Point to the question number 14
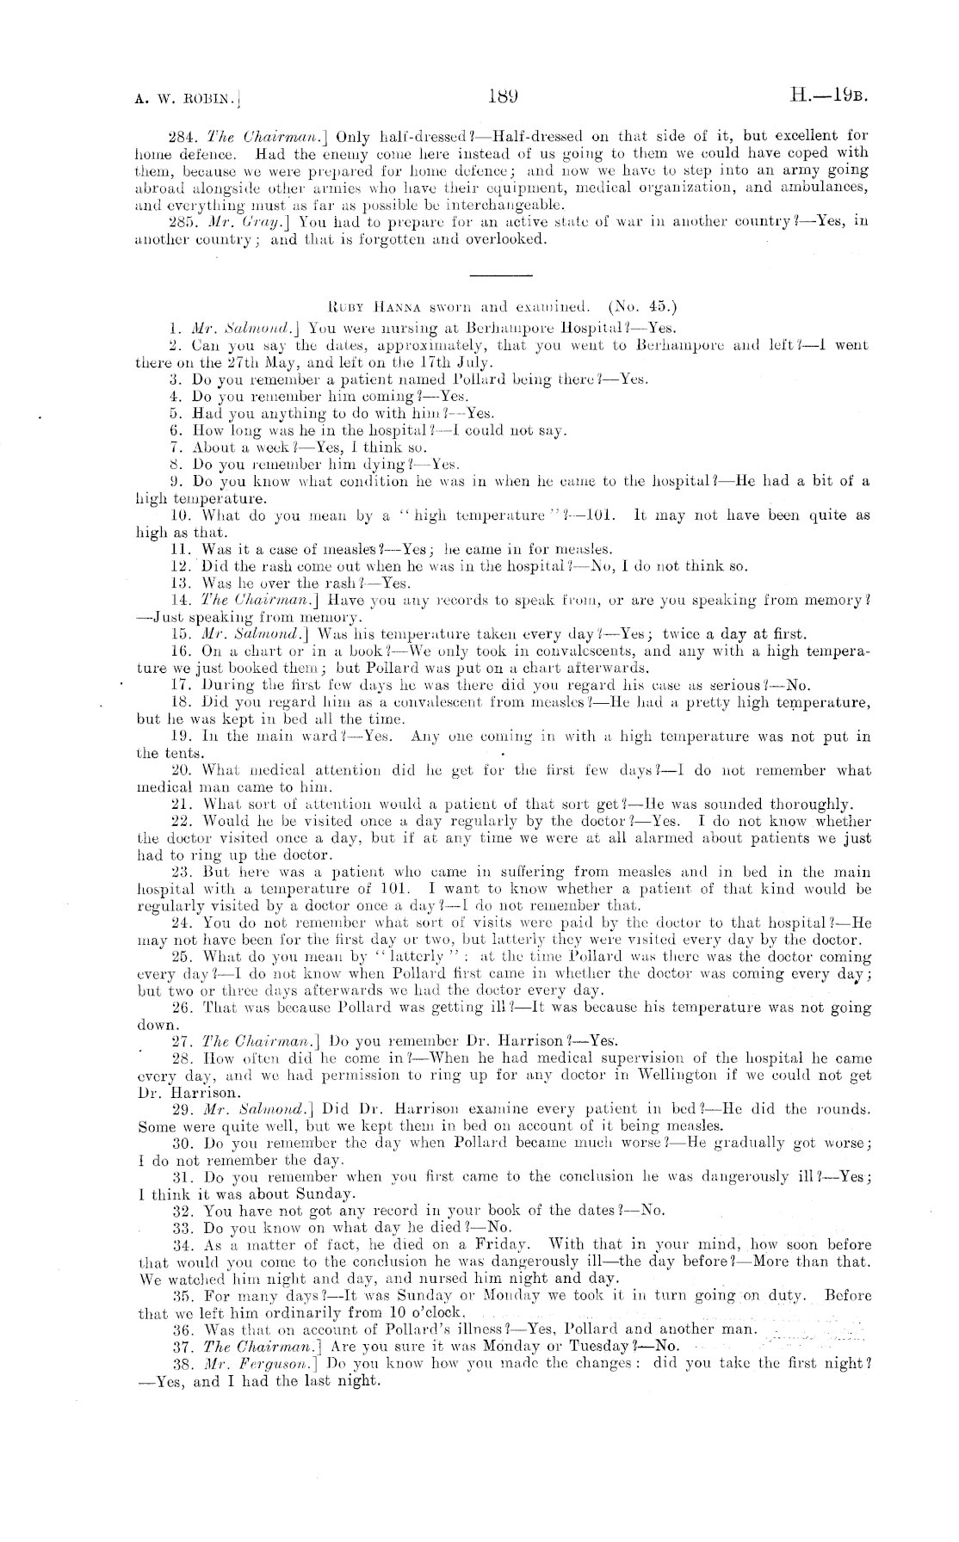181,601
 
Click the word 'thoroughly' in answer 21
810,805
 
